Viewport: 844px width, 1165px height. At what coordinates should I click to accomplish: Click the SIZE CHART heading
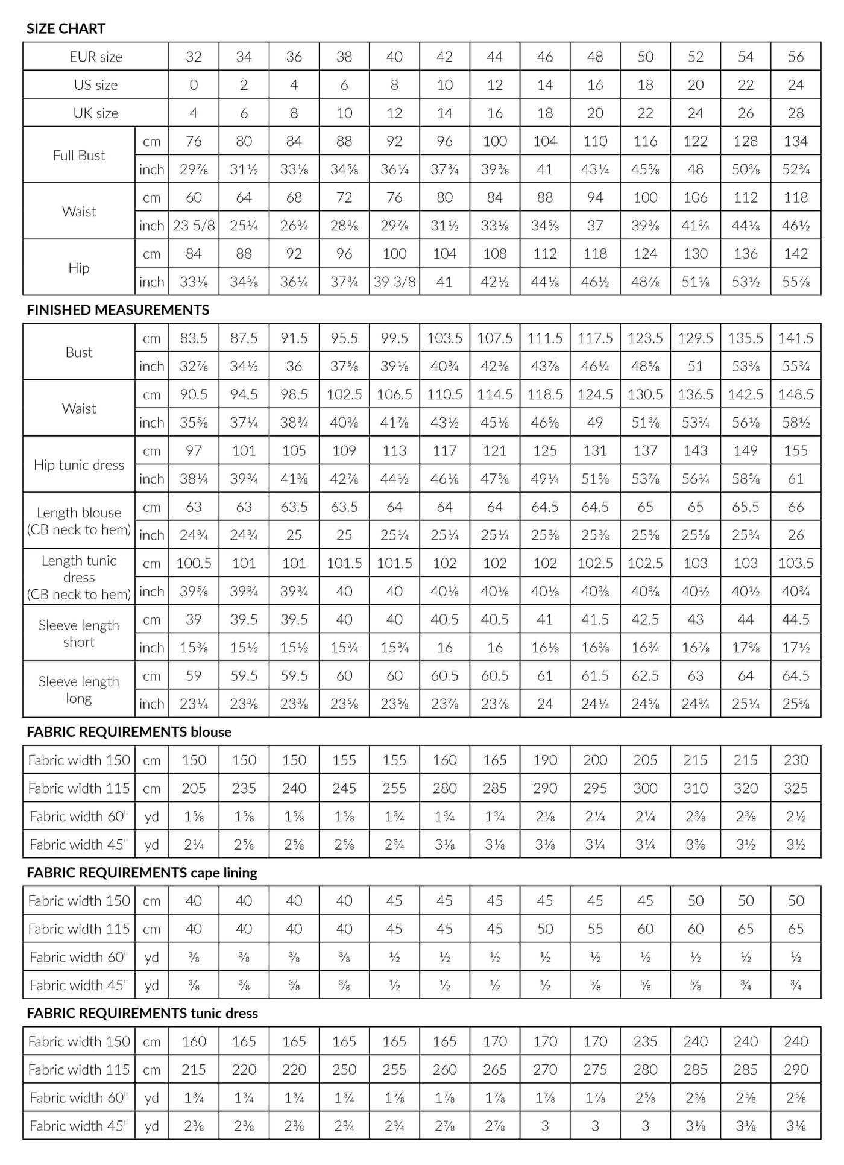click(66, 28)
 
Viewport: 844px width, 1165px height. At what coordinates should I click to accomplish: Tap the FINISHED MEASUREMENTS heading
click(118, 310)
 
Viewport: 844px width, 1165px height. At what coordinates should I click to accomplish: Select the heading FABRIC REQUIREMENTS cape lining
click(142, 873)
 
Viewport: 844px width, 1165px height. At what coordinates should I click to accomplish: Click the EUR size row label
click(95, 57)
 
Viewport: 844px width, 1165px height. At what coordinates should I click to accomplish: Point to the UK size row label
click(95, 113)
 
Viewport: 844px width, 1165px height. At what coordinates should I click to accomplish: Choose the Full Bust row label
click(79, 155)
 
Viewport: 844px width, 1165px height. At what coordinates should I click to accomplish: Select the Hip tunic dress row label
click(79, 465)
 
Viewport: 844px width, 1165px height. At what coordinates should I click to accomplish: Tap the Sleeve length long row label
click(79, 689)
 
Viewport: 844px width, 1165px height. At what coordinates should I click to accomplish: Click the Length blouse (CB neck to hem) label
click(79, 521)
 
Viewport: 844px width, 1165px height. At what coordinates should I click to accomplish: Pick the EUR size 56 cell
click(796, 57)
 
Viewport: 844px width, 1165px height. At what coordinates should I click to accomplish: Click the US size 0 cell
click(194, 85)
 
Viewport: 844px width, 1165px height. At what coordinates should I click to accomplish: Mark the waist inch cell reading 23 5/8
click(194, 226)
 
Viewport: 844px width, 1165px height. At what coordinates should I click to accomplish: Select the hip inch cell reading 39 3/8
click(394, 282)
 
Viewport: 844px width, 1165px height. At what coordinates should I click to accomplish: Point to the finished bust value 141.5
click(796, 338)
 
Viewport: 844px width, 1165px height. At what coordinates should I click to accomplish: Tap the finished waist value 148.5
click(796, 394)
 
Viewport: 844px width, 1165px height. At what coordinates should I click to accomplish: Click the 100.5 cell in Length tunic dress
click(194, 563)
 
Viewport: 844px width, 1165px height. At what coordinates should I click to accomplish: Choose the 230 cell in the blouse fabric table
click(796, 760)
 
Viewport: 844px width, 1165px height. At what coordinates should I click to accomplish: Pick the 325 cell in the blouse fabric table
click(796, 788)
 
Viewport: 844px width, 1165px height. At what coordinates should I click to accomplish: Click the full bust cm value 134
click(796, 141)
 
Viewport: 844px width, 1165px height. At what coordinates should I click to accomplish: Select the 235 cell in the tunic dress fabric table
click(645, 1041)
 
